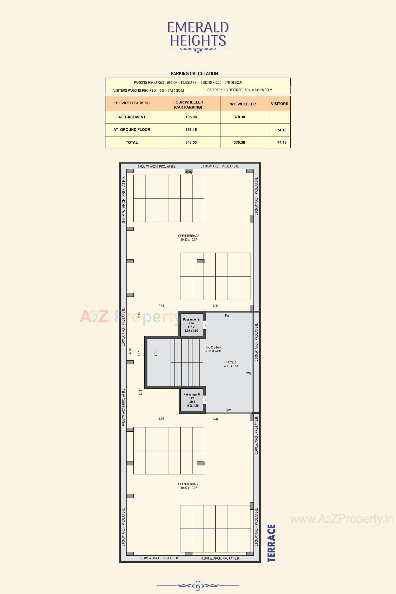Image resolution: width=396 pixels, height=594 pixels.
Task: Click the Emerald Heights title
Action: pyautogui.click(x=198, y=34)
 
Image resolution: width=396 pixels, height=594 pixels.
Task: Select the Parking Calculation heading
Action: pyautogui.click(x=194, y=73)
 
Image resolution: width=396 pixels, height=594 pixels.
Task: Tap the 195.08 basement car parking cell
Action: pyautogui.click(x=191, y=117)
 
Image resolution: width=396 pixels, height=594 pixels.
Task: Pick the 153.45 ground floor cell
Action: pyautogui.click(x=191, y=130)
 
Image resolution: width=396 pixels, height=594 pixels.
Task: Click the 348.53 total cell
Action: pyautogui.click(x=191, y=143)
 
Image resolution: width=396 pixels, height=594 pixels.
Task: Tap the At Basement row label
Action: pyautogui.click(x=132, y=117)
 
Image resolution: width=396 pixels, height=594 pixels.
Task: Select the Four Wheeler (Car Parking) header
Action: pyautogui.click(x=188, y=105)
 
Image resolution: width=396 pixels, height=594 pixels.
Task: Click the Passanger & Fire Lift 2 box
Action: pyautogui.click(x=191, y=325)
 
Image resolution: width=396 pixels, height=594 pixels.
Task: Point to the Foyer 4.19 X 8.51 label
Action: pyautogui.click(x=231, y=364)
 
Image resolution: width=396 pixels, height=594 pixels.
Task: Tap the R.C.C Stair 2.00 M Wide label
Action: pyautogui.click(x=213, y=349)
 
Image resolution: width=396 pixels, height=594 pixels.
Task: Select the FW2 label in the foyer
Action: pyautogui.click(x=249, y=373)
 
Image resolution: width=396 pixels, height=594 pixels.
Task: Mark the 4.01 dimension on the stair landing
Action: pyautogui.click(x=156, y=354)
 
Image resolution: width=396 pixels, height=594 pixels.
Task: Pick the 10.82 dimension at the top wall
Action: pyautogui.click(x=189, y=172)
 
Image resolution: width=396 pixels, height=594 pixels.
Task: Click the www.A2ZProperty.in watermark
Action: pyautogui.click(x=342, y=519)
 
